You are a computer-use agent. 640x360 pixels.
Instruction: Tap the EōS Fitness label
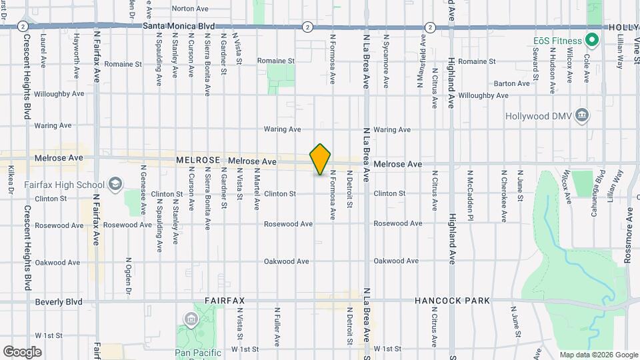coord(557,40)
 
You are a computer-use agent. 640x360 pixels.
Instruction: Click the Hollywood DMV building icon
coord(582,116)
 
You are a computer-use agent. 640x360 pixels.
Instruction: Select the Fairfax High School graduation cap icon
coord(115,184)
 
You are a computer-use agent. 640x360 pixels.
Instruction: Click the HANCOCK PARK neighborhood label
coord(452,301)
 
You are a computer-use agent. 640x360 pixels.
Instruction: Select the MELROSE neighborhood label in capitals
coord(198,161)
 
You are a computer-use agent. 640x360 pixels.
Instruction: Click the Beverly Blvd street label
coord(59,302)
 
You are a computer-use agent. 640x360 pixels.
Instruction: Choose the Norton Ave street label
coord(190,9)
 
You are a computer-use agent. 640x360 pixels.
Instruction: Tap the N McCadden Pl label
coord(471,195)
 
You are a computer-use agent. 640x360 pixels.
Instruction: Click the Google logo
coord(22,351)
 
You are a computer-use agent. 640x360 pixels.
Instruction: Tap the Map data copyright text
coord(597,355)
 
